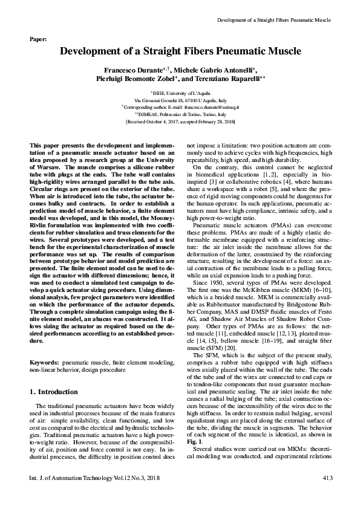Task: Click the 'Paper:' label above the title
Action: click(38, 39)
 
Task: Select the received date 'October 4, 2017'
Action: click(159, 121)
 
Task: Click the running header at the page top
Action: click(273, 20)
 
